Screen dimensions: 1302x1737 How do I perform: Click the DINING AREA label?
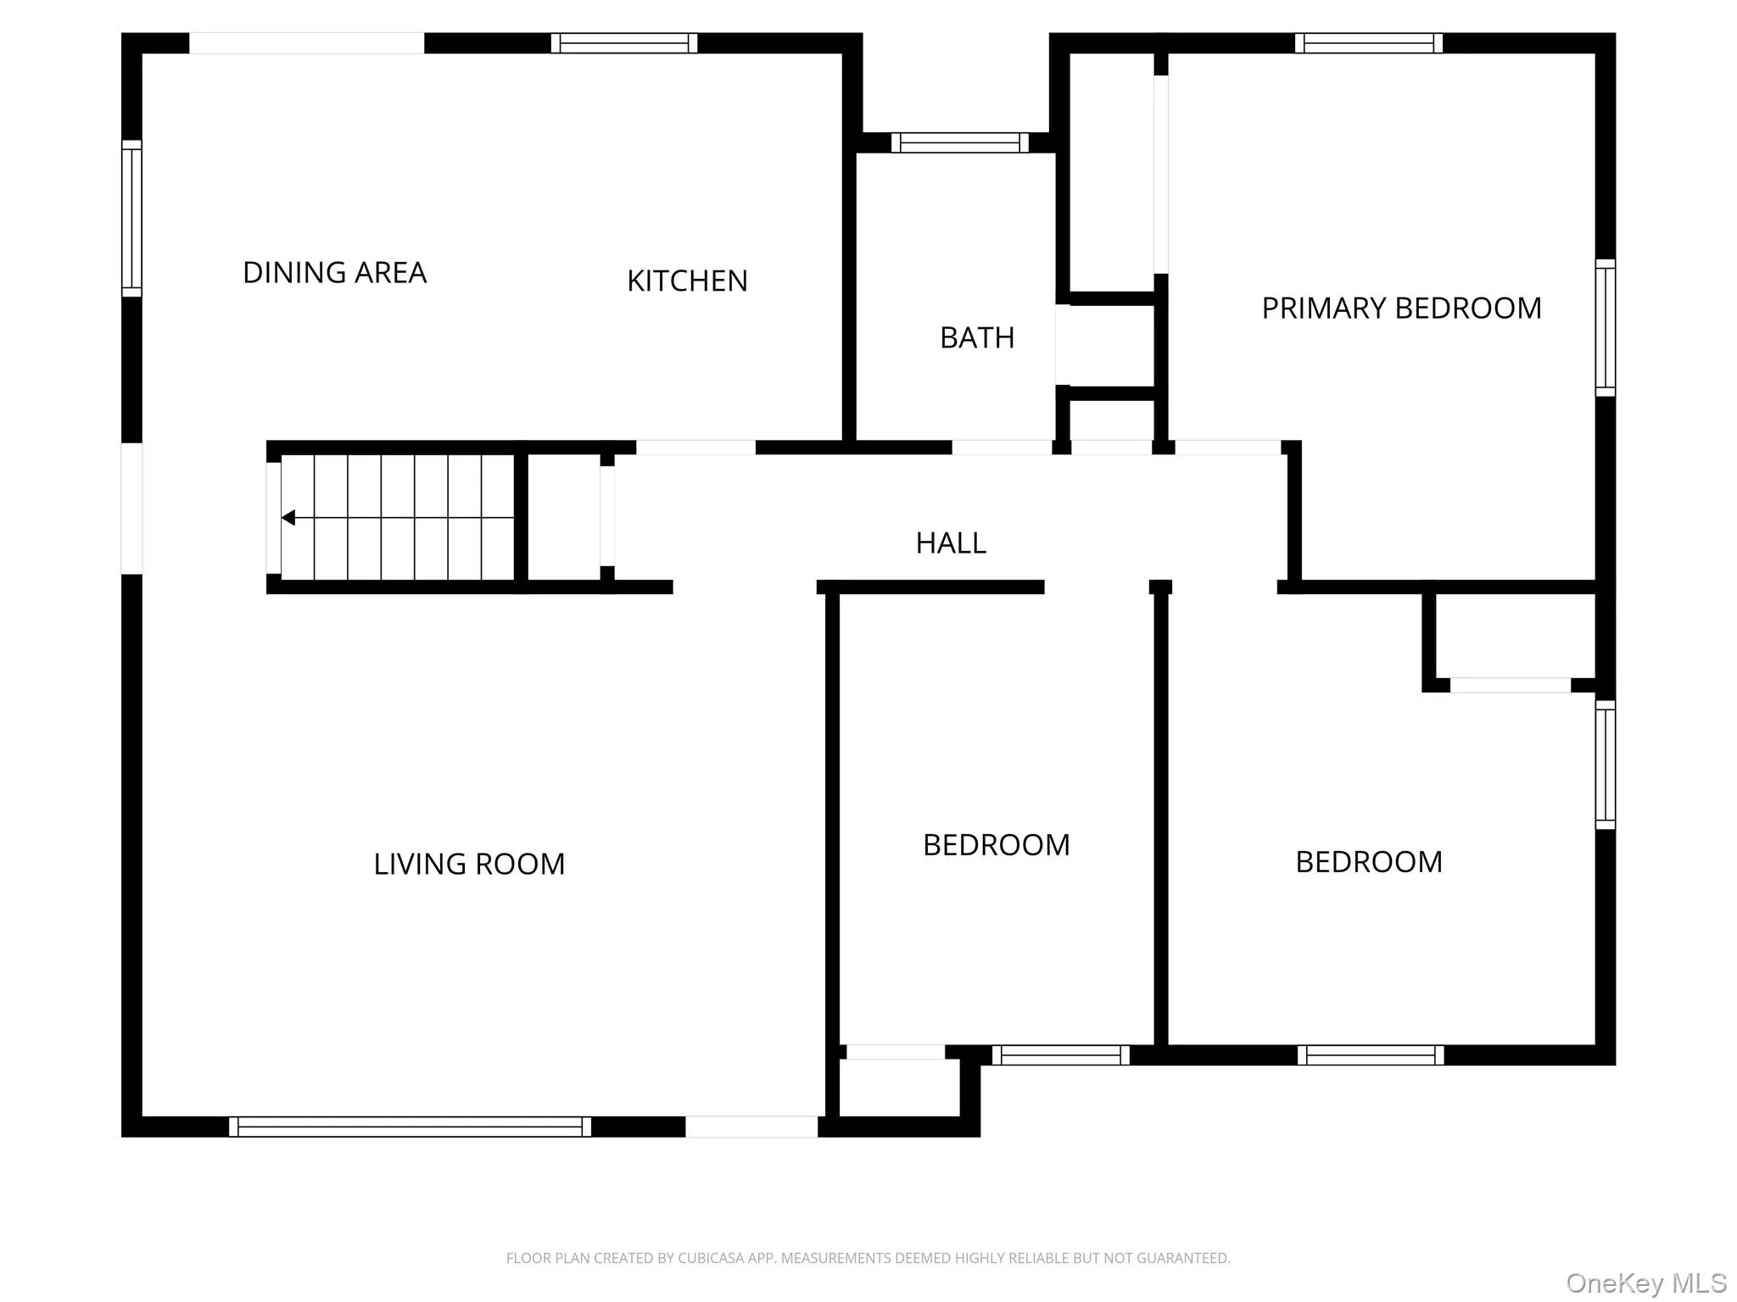pos(334,273)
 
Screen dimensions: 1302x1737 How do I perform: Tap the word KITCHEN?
pos(687,281)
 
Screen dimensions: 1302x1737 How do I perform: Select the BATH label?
pos(977,338)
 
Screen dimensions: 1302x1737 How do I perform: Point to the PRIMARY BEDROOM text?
pos(1401,309)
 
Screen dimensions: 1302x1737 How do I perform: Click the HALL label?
pos(951,543)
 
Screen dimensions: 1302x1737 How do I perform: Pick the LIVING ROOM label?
pos(469,865)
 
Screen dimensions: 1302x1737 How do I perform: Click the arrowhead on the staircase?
pos(288,517)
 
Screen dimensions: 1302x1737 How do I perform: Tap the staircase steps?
pos(399,517)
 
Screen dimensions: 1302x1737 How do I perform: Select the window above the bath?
pos(959,142)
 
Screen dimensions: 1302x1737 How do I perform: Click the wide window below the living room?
pos(410,1127)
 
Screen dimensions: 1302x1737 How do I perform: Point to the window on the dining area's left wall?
pos(131,219)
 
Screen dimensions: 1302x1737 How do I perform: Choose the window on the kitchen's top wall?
pos(624,43)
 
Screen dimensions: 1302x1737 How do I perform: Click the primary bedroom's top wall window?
pos(1368,43)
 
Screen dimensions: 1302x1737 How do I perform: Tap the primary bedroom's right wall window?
pos(1605,327)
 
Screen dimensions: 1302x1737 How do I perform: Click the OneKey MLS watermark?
pos(1645,1283)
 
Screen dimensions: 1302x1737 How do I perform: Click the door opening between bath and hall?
pos(1002,448)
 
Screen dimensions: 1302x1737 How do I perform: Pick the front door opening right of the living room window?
pos(751,1127)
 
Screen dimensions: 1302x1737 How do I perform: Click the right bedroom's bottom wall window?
pos(1370,1055)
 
